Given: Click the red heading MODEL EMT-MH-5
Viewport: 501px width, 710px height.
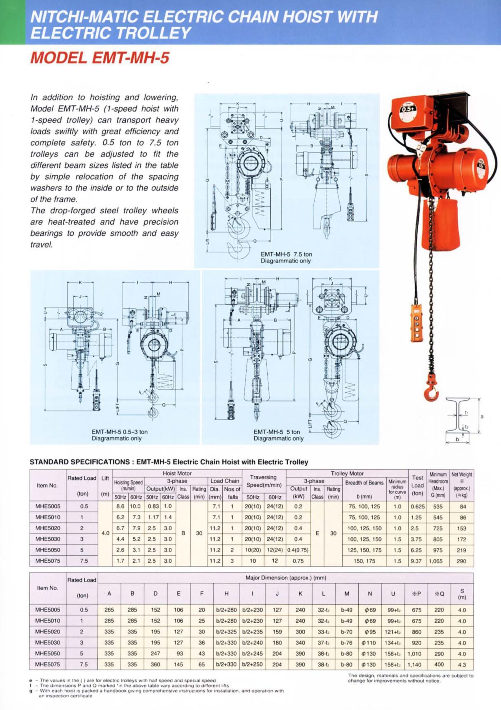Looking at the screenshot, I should [x=100, y=58].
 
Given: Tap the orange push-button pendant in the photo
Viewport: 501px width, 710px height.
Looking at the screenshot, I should [x=417, y=323].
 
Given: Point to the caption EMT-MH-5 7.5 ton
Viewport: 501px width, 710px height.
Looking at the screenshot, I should [x=286, y=254].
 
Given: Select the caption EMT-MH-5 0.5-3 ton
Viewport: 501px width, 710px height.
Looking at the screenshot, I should [x=119, y=432].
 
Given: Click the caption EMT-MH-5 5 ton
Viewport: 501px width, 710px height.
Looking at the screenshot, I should [x=277, y=432].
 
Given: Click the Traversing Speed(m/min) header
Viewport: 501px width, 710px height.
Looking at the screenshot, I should [x=263, y=481].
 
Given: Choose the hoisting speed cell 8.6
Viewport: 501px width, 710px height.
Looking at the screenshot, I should [x=120, y=506].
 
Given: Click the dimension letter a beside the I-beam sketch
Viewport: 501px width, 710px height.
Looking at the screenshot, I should [x=482, y=416].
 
